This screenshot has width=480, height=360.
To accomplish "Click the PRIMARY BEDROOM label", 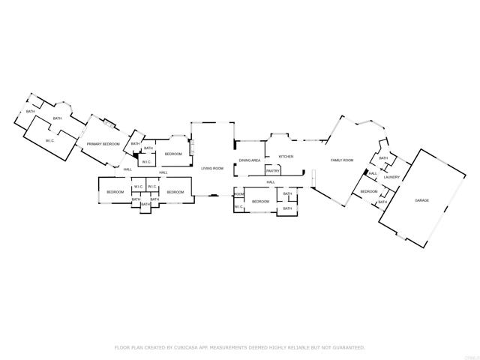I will click(x=103, y=143).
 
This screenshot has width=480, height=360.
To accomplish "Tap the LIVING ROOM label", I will click(x=213, y=169).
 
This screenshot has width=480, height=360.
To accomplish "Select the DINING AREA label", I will click(x=250, y=160).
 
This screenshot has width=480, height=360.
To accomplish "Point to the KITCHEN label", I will click(x=286, y=157).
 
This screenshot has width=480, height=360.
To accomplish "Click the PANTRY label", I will click(x=271, y=170).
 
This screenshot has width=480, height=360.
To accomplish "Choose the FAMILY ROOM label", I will click(x=343, y=160).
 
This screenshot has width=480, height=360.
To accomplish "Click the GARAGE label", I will click(x=422, y=200).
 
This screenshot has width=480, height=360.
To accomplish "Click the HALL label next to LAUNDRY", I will click(x=373, y=174).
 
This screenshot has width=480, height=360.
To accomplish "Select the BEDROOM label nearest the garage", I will click(x=368, y=192).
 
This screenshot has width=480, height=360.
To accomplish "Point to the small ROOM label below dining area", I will click(x=238, y=194).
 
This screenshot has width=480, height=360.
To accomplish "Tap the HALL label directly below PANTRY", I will click(x=271, y=182).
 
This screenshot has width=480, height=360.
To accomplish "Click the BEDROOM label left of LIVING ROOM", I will click(x=173, y=154).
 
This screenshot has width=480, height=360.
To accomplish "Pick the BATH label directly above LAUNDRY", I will click(x=383, y=158).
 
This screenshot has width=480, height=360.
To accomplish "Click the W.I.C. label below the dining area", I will click(x=238, y=206).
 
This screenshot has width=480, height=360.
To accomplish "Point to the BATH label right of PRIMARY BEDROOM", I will click(x=135, y=144).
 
